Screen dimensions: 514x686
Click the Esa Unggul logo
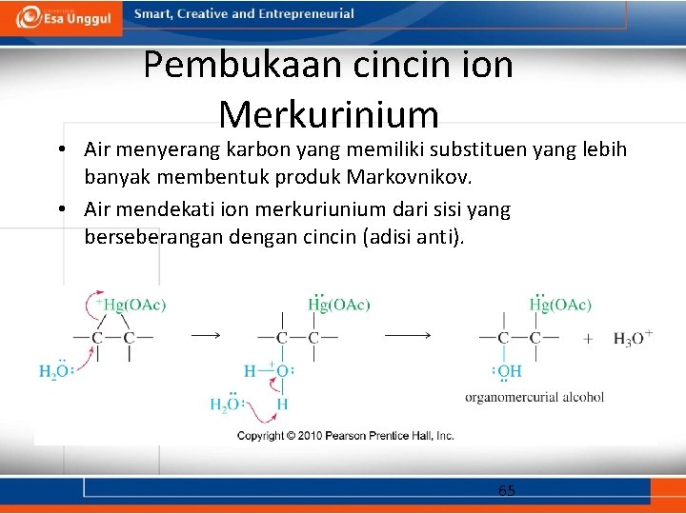[64, 17]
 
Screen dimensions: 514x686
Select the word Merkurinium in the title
[329, 115]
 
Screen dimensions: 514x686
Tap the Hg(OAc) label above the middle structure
[340, 305]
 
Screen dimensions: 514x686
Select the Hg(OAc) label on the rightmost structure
[560, 305]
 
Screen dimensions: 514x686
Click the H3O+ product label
[633, 338]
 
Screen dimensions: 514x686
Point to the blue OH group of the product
[509, 371]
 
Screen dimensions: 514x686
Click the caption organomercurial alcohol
[534, 397]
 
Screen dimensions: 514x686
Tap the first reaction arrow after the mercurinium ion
[206, 335]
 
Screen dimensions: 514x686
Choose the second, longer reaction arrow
[408, 335]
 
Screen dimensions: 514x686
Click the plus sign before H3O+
[587, 338]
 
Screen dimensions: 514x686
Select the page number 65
[506, 490]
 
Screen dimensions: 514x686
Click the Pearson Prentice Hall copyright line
[345, 435]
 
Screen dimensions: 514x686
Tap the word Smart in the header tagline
[151, 14]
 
